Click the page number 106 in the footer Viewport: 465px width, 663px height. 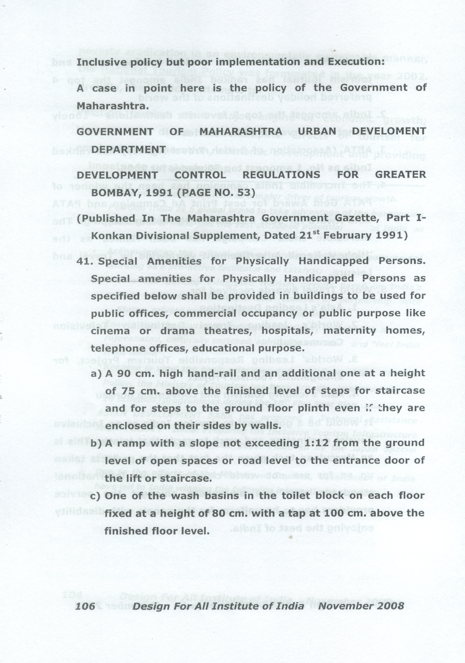click(85, 606)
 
